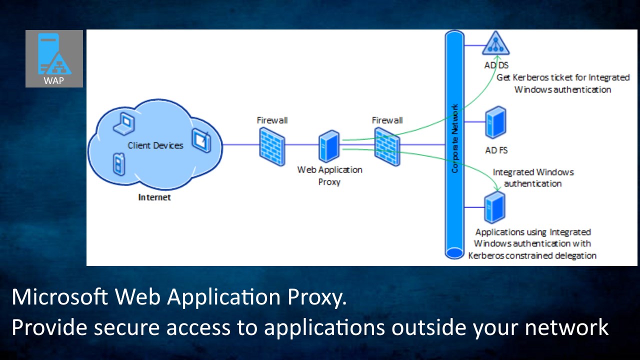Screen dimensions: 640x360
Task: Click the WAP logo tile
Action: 54,58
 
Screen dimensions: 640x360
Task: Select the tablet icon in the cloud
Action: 201,140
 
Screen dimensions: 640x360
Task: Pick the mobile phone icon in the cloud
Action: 119,164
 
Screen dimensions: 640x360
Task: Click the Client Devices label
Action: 155,145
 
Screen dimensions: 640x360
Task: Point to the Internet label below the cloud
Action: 154,197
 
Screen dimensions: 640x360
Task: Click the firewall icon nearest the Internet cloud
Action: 272,146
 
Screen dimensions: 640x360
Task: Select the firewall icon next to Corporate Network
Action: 387,146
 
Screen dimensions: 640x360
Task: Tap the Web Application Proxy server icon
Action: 329,146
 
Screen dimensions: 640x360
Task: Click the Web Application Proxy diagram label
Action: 329,175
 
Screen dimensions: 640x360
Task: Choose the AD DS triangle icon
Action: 495,43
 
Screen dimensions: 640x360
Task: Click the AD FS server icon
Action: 495,122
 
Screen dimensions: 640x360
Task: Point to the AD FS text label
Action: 496,150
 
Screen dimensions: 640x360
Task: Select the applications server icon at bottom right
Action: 495,207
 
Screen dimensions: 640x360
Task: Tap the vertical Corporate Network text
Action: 454,138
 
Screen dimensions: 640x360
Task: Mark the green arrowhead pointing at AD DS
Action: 497,58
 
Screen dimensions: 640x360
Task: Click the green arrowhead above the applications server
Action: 497,188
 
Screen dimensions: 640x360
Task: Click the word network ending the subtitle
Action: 567,327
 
